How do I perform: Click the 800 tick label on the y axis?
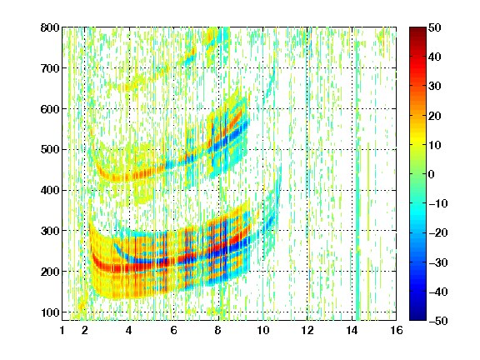(50, 27)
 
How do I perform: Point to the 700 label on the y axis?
(50, 68)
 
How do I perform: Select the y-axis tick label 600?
(50, 109)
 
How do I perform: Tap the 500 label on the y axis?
(50, 150)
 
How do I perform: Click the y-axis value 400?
(50, 190)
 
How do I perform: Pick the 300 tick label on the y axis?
(50, 231)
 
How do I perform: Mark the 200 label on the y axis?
(50, 272)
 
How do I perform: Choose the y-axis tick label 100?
(50, 312)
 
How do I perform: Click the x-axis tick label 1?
(62, 330)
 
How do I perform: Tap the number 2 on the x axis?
(85, 330)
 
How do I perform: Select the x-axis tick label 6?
(173, 330)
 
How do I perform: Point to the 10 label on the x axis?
(263, 330)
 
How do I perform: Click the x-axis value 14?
(352, 330)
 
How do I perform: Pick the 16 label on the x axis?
(397, 330)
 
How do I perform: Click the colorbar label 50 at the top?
(435, 27)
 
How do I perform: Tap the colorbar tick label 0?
(432, 174)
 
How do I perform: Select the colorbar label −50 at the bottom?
(438, 321)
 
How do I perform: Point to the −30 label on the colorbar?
(438, 262)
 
